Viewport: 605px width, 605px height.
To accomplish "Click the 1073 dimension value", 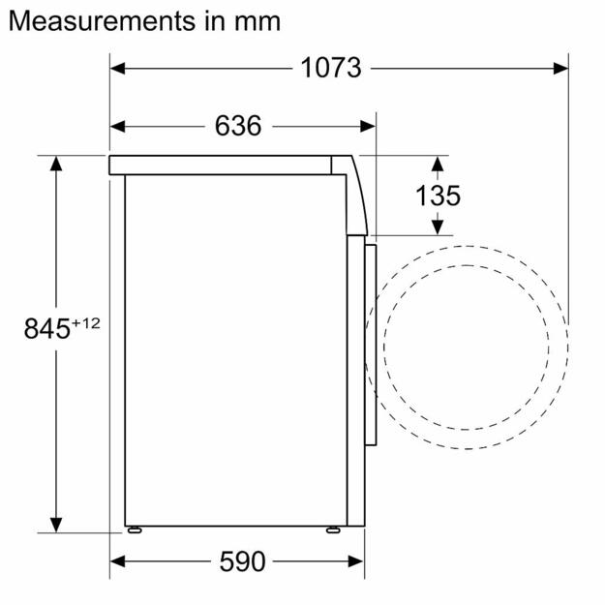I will [x=330, y=68].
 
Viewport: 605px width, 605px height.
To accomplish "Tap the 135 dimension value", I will [x=438, y=195].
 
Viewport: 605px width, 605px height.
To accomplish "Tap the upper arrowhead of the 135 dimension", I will [x=438, y=163].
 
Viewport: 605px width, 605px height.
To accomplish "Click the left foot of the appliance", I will [x=136, y=529].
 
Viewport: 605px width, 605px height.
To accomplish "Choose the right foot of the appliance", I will [x=334, y=529].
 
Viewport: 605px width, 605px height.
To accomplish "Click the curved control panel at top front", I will [x=355, y=194].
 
